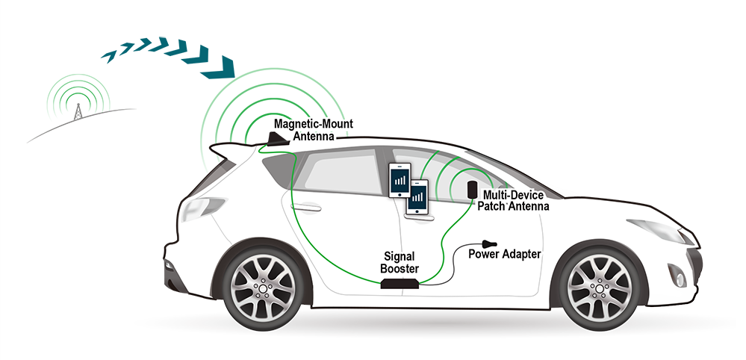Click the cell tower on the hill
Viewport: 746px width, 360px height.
[77, 111]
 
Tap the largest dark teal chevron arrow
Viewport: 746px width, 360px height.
[219, 67]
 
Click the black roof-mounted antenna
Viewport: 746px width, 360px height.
[276, 140]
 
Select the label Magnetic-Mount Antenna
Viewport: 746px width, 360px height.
[313, 130]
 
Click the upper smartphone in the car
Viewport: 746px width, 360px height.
[400, 180]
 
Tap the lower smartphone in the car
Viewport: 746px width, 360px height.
[417, 196]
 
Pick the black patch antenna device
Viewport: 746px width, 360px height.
[473, 189]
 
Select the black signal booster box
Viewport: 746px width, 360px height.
[400, 283]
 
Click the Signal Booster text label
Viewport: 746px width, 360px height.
[400, 262]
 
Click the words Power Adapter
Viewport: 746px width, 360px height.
[505, 254]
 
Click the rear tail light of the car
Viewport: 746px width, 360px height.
[202, 208]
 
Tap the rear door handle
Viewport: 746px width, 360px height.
[305, 208]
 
